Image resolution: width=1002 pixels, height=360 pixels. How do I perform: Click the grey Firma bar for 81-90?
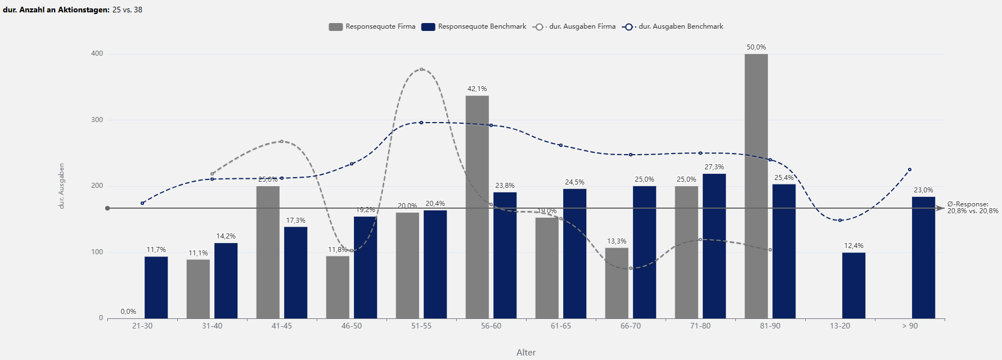point(756,186)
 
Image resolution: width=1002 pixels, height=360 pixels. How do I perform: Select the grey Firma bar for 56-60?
point(477,207)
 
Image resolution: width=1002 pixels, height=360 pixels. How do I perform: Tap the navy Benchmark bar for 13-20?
point(853,285)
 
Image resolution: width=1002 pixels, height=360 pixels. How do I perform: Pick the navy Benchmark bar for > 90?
point(923,257)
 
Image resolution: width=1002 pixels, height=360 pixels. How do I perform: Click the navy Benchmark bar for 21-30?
point(156,287)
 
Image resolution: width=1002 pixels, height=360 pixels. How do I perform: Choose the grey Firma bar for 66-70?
point(617,283)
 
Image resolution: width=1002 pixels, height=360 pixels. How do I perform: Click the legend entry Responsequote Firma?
point(372,26)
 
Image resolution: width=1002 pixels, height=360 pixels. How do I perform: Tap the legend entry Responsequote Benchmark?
point(474,26)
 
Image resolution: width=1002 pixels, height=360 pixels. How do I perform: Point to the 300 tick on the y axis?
point(97,120)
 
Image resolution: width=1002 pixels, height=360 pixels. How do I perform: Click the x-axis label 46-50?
point(352,326)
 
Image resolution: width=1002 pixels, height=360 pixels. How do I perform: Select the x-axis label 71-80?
point(700,326)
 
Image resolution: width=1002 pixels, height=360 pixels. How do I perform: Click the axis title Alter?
point(526,353)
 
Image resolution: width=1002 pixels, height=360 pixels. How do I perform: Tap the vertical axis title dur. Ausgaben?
point(61,186)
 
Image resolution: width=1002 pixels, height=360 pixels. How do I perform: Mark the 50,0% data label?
point(756,47)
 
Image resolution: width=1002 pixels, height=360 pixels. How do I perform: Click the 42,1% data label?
point(477,89)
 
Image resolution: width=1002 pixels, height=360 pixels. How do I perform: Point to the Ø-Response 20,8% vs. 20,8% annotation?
point(972,208)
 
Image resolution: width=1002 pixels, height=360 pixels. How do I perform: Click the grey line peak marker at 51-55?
point(421,69)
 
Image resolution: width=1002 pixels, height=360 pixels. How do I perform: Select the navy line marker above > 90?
point(910,169)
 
